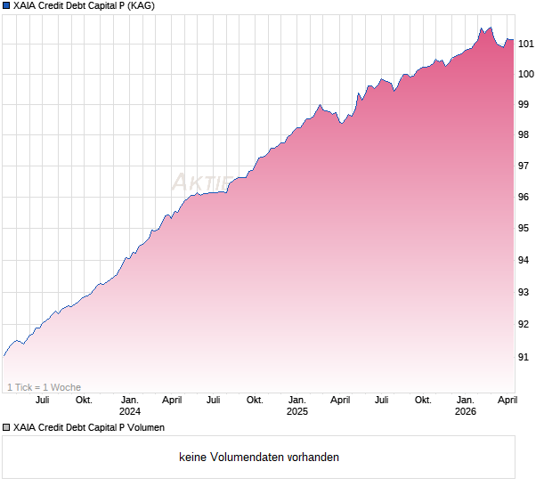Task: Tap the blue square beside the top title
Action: pyautogui.click(x=6, y=5)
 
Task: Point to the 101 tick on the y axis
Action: pyautogui.click(x=526, y=43)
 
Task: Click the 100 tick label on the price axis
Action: pyautogui.click(x=526, y=74)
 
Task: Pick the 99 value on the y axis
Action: pyautogui.click(x=524, y=104)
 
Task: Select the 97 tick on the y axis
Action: pyautogui.click(x=524, y=166)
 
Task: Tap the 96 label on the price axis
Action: pyautogui.click(x=524, y=197)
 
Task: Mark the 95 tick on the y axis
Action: pyautogui.click(x=524, y=228)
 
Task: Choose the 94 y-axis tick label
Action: pyautogui.click(x=524, y=260)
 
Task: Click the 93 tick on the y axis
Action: pyautogui.click(x=524, y=292)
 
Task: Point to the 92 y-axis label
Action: pyautogui.click(x=524, y=324)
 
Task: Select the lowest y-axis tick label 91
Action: pyautogui.click(x=524, y=357)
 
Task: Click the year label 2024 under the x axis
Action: pyautogui.click(x=130, y=411)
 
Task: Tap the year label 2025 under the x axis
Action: pyautogui.click(x=297, y=411)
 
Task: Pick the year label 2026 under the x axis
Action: pyautogui.click(x=465, y=411)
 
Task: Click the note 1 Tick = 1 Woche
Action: pyautogui.click(x=44, y=387)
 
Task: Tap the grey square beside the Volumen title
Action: pyautogui.click(x=6, y=427)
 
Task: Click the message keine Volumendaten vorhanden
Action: pyautogui.click(x=259, y=458)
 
